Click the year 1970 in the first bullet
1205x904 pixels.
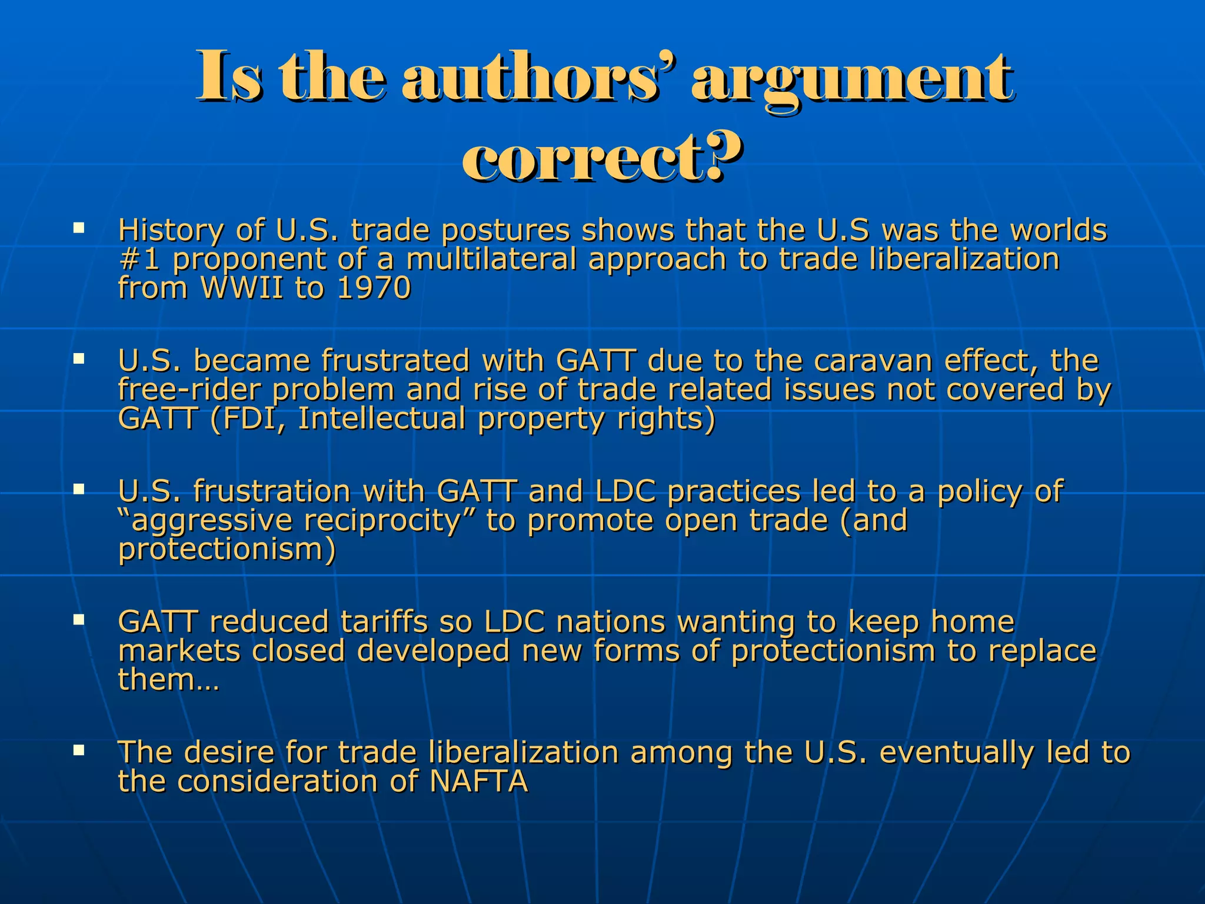pyautogui.click(x=374, y=288)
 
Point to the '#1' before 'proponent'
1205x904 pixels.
pyautogui.click(x=139, y=259)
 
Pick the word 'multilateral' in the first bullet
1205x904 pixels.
pyautogui.click(x=491, y=259)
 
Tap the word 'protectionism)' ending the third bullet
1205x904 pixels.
pyautogui.click(x=227, y=550)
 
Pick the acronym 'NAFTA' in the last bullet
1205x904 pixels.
pyautogui.click(x=478, y=781)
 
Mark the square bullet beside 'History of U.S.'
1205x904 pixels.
pyautogui.click(x=79, y=227)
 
